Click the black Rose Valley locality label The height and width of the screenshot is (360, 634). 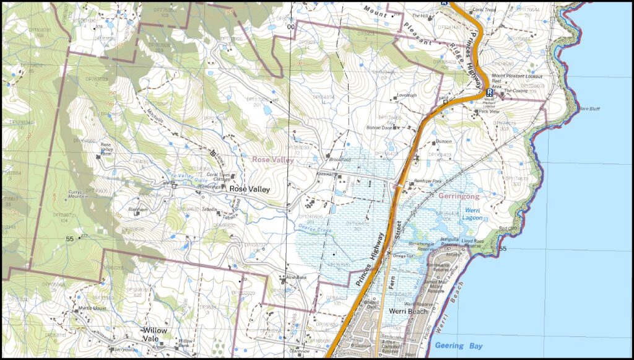click(x=250, y=189)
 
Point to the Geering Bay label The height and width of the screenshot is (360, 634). click(x=459, y=345)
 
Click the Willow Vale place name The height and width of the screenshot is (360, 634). click(x=155, y=335)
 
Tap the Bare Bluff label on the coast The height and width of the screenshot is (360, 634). click(x=589, y=108)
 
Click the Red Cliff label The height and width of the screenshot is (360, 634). click(x=508, y=229)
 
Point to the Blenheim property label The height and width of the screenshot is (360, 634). click(x=137, y=209)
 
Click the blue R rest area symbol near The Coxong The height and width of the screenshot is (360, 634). click(x=489, y=92)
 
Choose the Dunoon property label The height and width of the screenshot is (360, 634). click(x=444, y=141)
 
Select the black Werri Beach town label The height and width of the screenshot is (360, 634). click(x=408, y=311)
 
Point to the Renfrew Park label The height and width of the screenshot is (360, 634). click(x=427, y=181)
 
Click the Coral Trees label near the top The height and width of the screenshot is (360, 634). click(x=485, y=10)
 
